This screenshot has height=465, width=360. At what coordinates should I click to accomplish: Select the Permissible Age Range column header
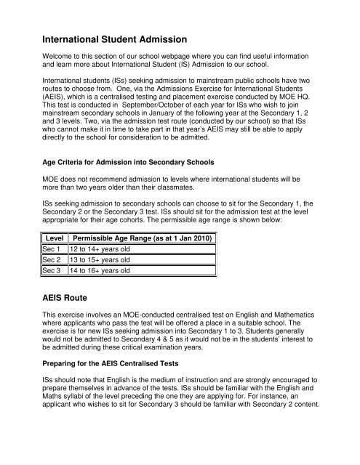(143, 238)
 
